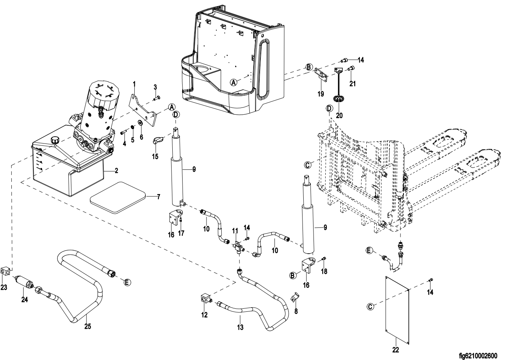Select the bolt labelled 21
(351, 68)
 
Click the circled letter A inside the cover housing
(234, 81)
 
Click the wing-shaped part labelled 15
(157, 141)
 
